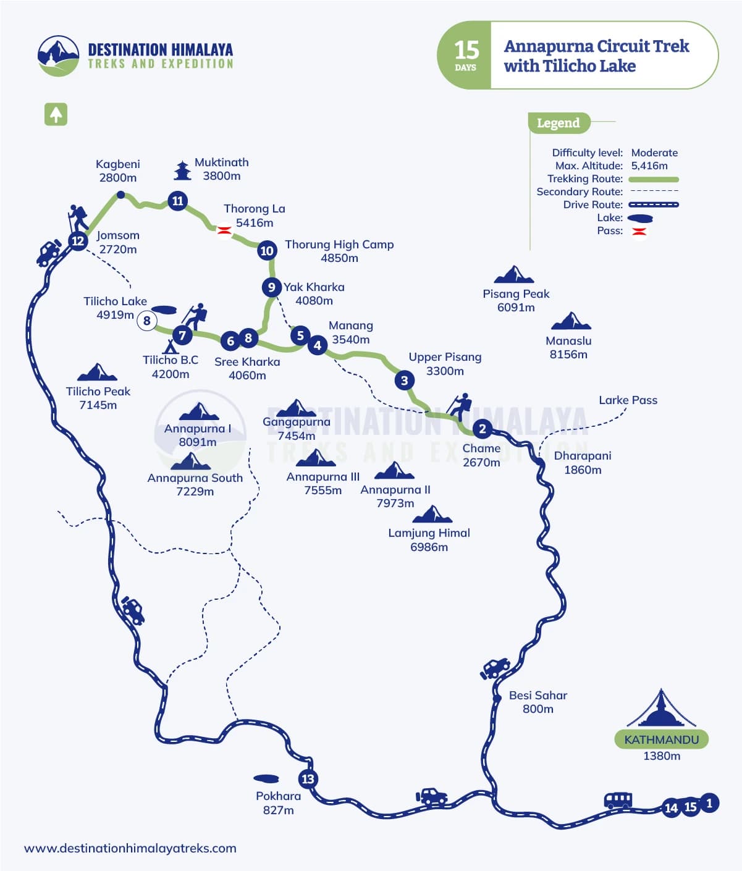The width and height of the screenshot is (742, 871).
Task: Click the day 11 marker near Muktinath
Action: [x=178, y=201]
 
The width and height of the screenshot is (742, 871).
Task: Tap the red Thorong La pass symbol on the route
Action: [x=224, y=230]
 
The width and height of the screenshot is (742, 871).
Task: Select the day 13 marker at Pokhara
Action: [x=308, y=779]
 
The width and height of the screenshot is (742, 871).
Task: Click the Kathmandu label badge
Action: [x=661, y=739]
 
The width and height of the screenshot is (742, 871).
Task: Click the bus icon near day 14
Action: [x=618, y=801]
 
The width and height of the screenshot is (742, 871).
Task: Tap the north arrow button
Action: [x=56, y=114]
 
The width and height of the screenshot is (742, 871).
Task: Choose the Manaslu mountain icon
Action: [x=571, y=321]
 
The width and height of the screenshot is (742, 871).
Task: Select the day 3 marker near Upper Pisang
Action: [x=405, y=380]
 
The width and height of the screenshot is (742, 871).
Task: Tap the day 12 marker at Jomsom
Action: [x=78, y=241]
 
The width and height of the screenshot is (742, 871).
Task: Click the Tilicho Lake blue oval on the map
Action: [x=163, y=310]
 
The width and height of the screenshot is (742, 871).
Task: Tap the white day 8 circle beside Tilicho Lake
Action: [x=146, y=321]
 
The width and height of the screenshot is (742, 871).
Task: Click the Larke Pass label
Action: [x=628, y=400]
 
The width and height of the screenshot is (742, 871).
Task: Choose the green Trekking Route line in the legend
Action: [x=654, y=179]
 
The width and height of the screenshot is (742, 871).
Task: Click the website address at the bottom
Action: [x=130, y=848]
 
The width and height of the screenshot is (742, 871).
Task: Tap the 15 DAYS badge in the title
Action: [x=465, y=55]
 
